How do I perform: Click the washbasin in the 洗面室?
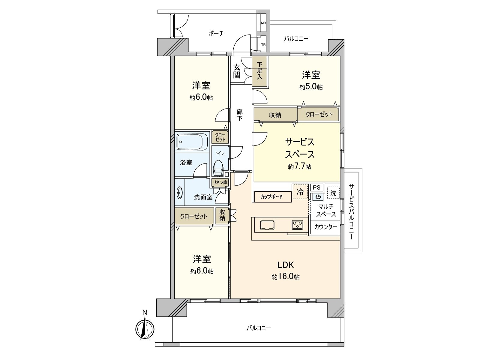coord(180,193)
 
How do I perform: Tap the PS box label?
coord(316,187)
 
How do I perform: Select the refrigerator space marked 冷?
coord(300,192)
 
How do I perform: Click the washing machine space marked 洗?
coord(333,193)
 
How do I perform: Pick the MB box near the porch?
coord(263,23)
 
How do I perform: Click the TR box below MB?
coord(263,44)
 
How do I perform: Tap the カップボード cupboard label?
coord(271,197)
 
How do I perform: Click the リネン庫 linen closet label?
coord(220,182)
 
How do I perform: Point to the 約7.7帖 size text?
coord(299,167)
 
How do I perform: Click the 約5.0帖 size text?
coord(311,87)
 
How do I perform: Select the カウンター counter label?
coord(325,227)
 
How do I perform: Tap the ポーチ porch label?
coord(216,33)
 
